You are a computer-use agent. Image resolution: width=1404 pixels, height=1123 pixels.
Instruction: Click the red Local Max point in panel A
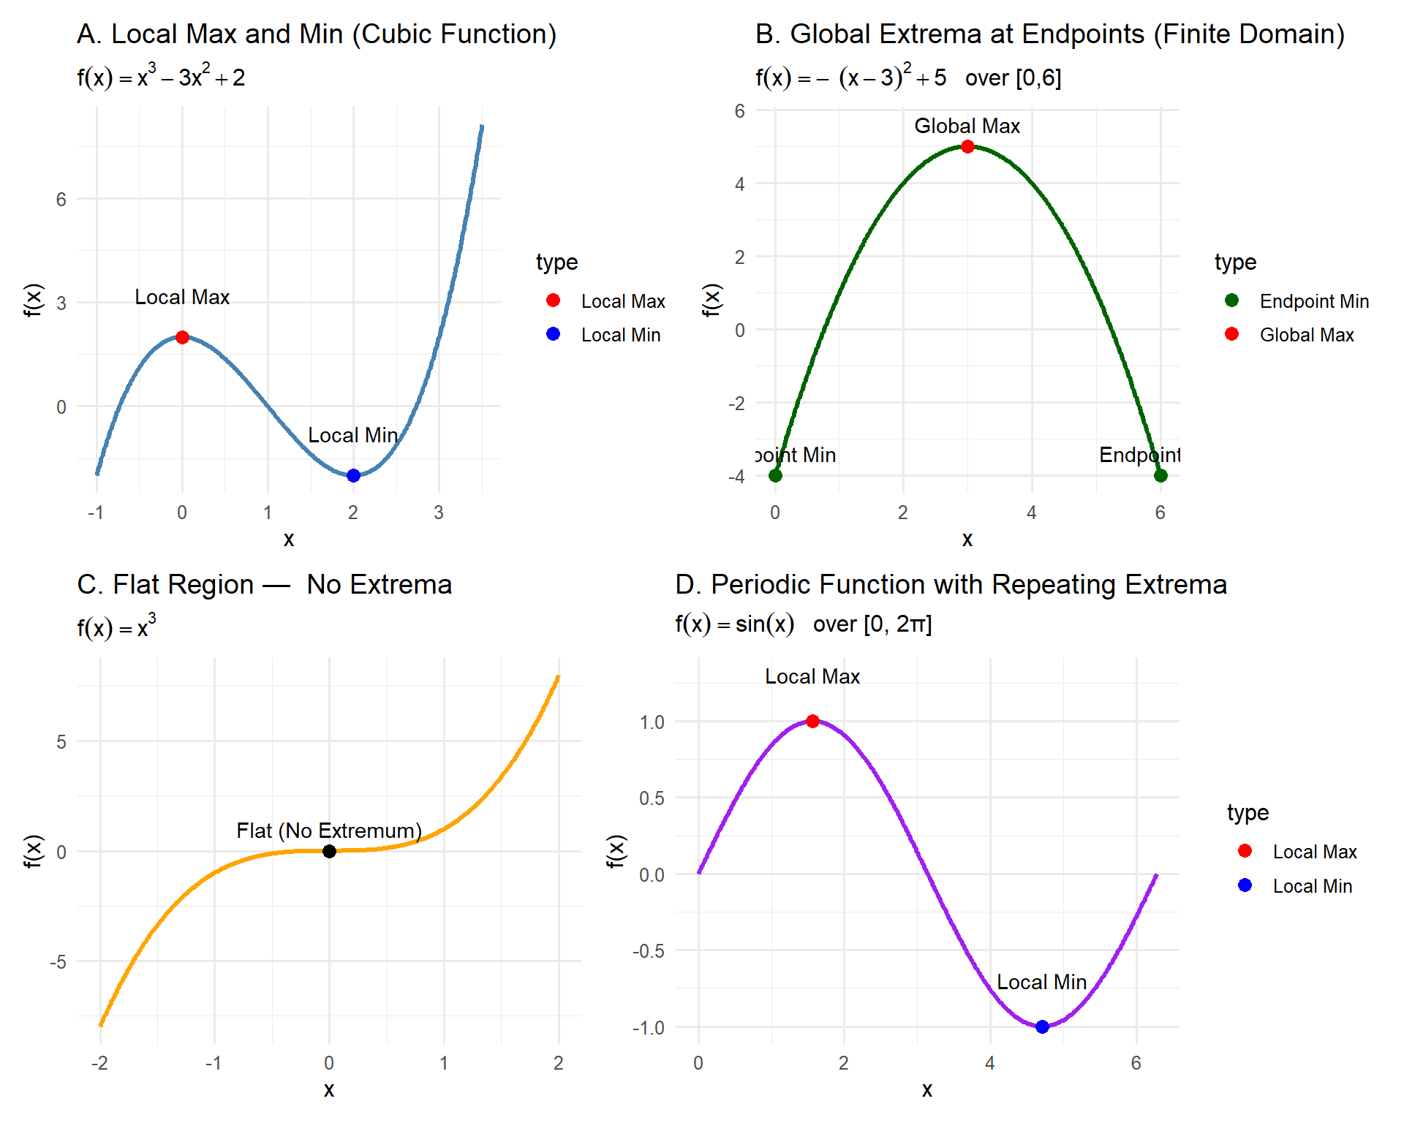coord(182,337)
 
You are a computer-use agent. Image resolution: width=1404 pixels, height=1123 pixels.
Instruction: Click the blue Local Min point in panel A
coord(353,475)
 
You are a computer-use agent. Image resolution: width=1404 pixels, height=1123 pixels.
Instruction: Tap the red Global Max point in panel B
coord(967,146)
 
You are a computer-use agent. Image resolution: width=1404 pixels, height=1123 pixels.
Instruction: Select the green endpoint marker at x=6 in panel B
coord(1160,475)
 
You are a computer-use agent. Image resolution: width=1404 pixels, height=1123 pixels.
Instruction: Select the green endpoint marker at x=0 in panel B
coord(775,475)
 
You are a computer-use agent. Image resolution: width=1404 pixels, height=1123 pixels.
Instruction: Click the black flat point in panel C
coord(329,851)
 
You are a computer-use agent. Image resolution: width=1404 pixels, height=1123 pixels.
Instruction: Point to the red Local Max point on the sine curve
coord(812,721)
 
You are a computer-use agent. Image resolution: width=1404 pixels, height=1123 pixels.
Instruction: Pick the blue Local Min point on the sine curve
coord(1042,1026)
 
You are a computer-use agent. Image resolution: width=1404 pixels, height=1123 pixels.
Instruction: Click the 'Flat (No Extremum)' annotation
coord(329,831)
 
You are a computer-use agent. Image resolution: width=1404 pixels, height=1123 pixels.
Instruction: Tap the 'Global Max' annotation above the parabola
coord(967,126)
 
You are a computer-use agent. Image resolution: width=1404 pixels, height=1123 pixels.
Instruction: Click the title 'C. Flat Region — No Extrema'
coord(264,585)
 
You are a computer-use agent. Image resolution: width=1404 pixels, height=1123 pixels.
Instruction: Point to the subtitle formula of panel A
coord(161,76)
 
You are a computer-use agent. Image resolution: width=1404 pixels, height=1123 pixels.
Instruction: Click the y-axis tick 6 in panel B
coord(739,111)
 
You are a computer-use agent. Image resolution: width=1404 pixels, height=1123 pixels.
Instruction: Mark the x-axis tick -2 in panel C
coord(99,1063)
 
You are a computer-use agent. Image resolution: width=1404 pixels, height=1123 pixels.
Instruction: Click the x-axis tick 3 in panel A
coord(439,513)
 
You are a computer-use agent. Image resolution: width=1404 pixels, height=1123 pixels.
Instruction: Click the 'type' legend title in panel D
coord(1248,812)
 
